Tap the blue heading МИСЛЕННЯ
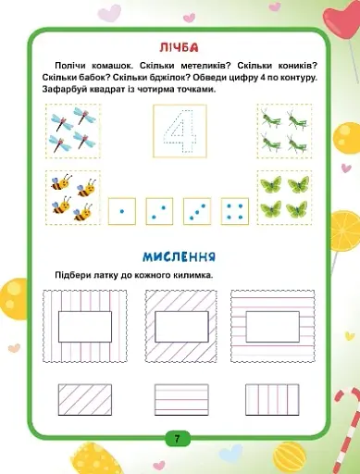pos(180,255)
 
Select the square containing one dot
pos(123,212)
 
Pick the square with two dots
pos(161,212)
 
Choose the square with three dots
pos(198,212)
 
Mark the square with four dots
pos(235,212)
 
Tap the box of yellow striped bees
pos(71,195)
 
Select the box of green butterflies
pos(283,195)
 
